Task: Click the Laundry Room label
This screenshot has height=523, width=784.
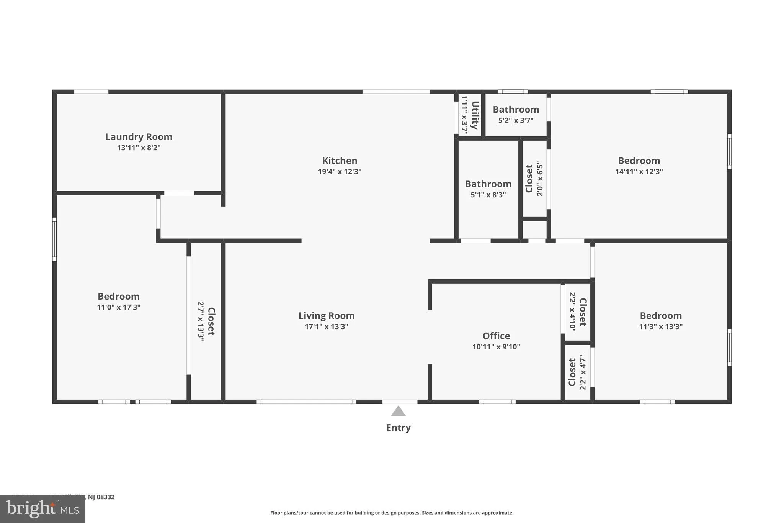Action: click(x=139, y=137)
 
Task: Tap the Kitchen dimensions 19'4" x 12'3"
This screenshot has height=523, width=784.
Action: click(x=340, y=171)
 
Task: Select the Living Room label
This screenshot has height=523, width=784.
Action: click(x=326, y=316)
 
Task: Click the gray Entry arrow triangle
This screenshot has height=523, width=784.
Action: click(x=398, y=412)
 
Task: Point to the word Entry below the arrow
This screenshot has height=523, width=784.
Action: click(x=398, y=428)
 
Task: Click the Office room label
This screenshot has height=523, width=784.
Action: click(x=496, y=336)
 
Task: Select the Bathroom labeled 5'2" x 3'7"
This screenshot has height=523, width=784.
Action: click(x=516, y=110)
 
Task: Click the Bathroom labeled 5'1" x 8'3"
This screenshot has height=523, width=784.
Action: click(x=488, y=184)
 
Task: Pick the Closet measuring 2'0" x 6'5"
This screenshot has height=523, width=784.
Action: click(x=529, y=179)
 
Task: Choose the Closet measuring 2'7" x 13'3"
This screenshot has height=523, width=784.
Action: click(x=211, y=321)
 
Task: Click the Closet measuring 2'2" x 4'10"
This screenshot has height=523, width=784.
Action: click(x=582, y=312)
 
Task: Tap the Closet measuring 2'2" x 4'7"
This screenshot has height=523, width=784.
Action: click(x=573, y=372)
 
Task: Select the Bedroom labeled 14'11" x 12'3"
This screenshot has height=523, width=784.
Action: click(x=639, y=161)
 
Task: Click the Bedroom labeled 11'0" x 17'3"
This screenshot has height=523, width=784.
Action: click(x=118, y=297)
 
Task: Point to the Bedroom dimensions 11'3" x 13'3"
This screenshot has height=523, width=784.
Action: click(x=661, y=326)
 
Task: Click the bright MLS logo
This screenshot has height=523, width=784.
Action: click(x=42, y=509)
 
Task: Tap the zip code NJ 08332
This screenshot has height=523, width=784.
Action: click(x=101, y=497)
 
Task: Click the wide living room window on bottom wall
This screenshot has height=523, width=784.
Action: click(x=306, y=402)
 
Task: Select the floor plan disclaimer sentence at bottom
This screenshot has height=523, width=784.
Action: click(x=392, y=513)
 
